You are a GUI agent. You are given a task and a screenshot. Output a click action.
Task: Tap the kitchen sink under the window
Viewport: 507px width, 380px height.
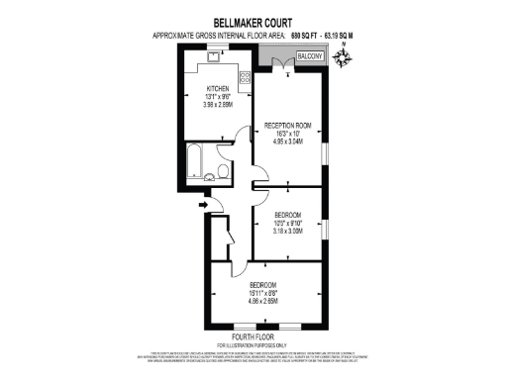(211, 57)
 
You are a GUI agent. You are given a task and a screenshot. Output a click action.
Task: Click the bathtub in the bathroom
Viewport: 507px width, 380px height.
(193, 160)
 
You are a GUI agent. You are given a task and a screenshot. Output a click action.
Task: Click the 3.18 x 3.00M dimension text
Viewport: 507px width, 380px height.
(287, 231)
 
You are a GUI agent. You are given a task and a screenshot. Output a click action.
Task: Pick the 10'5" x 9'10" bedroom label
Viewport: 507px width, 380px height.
(287, 223)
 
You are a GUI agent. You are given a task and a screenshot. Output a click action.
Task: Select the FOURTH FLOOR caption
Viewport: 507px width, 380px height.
(253, 337)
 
